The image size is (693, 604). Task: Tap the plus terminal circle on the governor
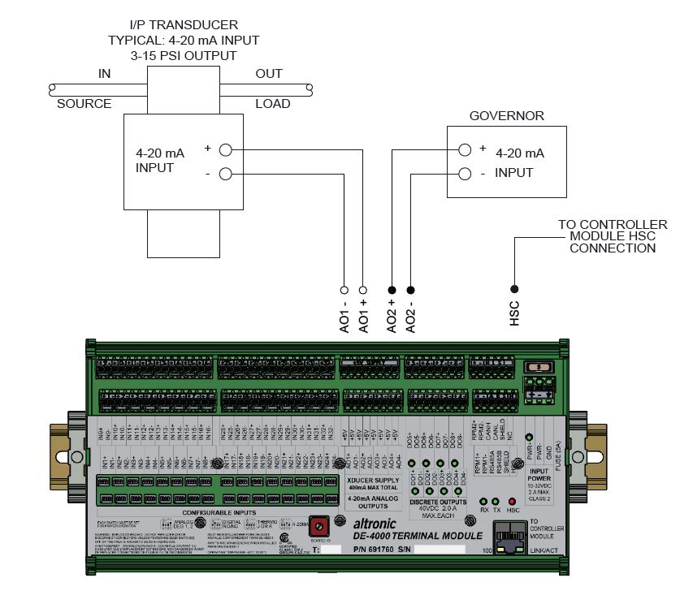point(464,150)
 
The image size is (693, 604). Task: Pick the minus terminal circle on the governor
point(464,173)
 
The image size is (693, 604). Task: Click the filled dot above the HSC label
point(514,289)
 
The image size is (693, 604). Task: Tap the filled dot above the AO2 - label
point(411,289)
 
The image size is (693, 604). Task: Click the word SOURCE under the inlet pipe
point(84,104)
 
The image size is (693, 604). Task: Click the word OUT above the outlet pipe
point(269,74)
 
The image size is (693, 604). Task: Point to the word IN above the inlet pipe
point(104,74)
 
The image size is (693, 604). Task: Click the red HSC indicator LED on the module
point(513,502)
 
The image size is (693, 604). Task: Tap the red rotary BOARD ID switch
point(318,524)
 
